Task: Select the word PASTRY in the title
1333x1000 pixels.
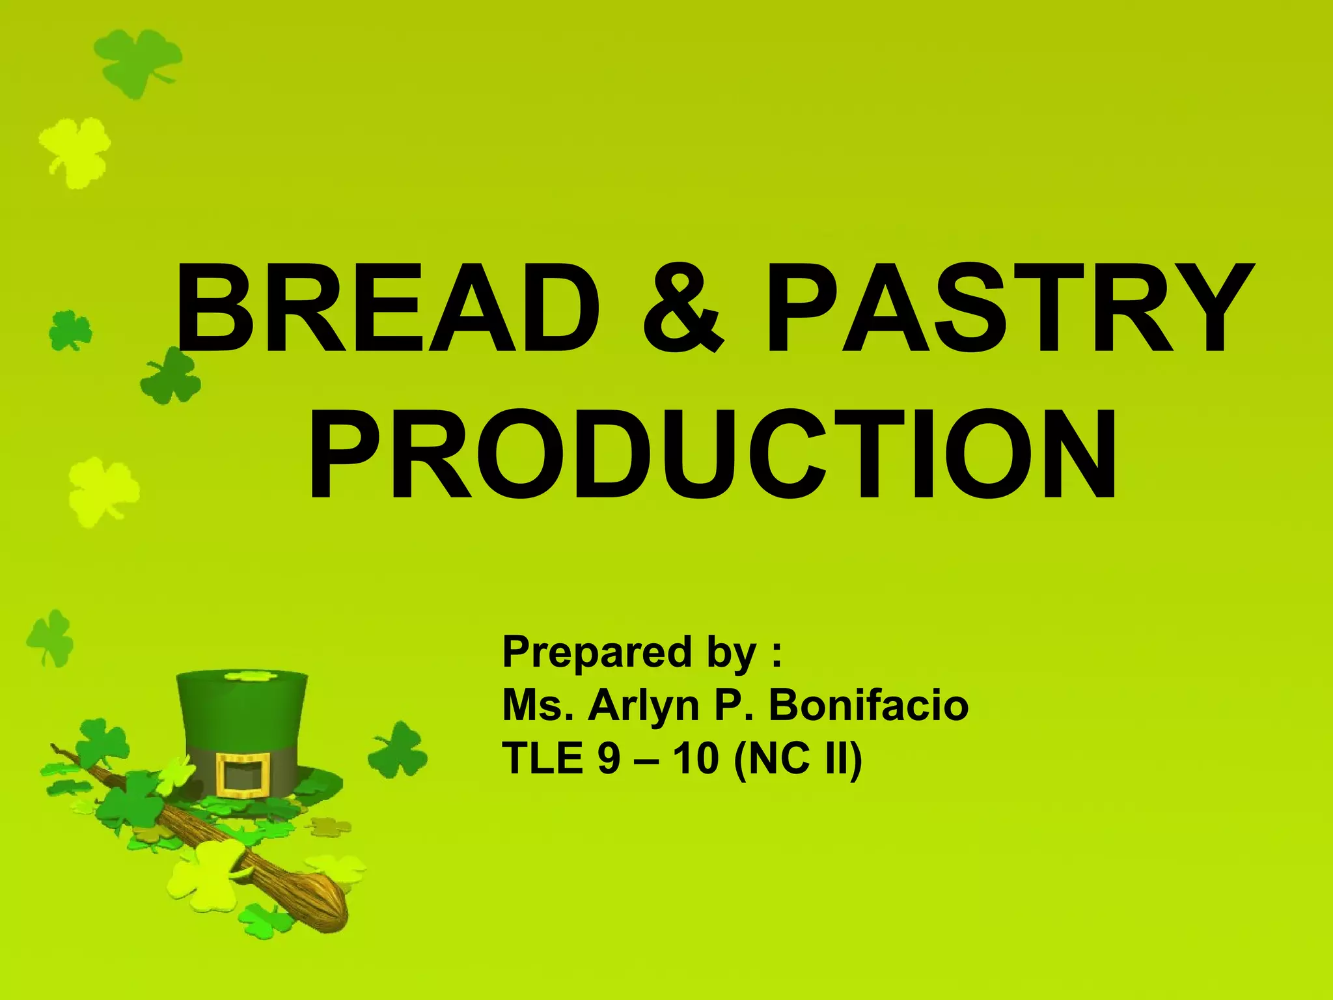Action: [1009, 308]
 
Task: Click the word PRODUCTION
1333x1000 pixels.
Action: [712, 455]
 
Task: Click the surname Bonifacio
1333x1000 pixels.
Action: [868, 705]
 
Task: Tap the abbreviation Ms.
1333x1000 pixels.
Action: [538, 705]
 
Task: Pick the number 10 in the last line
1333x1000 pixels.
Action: [696, 758]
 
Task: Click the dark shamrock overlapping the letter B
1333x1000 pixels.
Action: [171, 377]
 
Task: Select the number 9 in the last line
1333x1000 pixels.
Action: [609, 758]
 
